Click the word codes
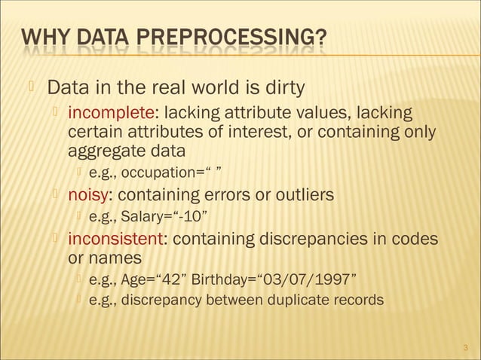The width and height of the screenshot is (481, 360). click(414, 239)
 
